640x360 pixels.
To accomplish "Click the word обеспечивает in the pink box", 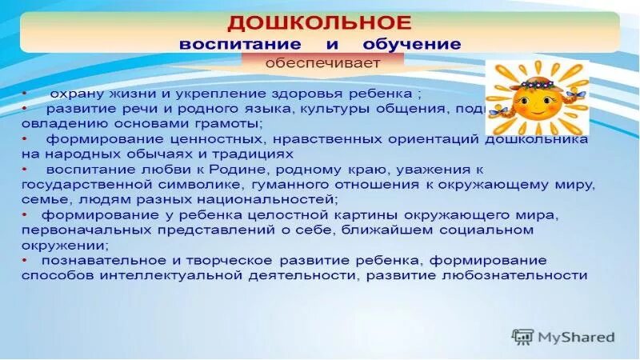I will point(334,62).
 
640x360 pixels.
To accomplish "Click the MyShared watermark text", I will point(575,337).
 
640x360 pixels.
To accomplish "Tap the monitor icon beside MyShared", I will point(522,337).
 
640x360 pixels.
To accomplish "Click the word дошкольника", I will point(538,138).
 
